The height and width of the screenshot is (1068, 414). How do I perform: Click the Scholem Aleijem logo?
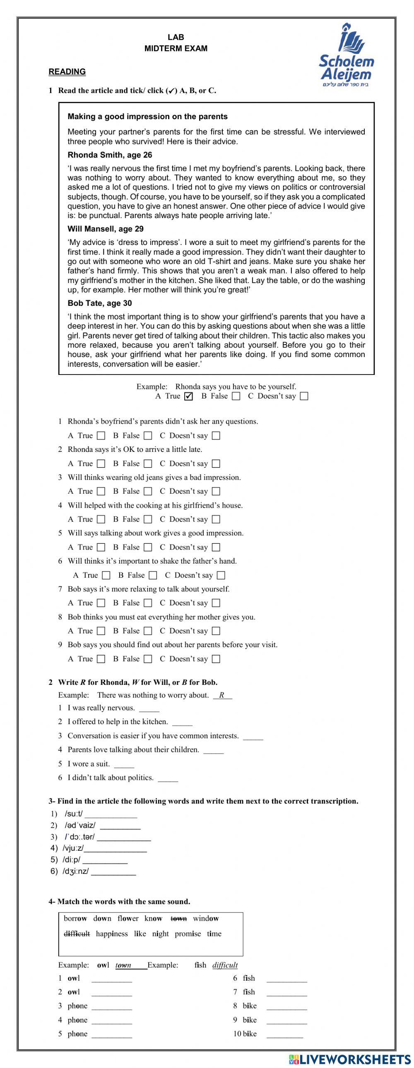tap(346, 57)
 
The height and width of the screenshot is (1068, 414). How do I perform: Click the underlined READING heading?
tap(67, 72)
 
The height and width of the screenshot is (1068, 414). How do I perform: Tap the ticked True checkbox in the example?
tap(188, 396)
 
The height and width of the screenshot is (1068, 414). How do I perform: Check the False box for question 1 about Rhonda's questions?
tap(148, 436)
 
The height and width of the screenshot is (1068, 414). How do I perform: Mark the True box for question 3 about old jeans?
tap(101, 491)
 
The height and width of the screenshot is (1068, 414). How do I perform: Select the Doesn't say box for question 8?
tap(216, 631)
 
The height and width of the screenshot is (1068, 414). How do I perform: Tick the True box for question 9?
tap(101, 659)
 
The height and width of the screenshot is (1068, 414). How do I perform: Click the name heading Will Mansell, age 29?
tap(106, 229)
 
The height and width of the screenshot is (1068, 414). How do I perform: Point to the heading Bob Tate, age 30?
tap(99, 303)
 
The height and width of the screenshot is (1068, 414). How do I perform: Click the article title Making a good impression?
tap(147, 117)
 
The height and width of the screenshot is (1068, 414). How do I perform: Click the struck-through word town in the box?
tap(178, 919)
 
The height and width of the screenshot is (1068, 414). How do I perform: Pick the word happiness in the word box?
tap(112, 934)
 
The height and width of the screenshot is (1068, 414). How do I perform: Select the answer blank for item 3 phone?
tap(112, 1007)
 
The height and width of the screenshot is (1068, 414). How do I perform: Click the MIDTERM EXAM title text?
tap(176, 48)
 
